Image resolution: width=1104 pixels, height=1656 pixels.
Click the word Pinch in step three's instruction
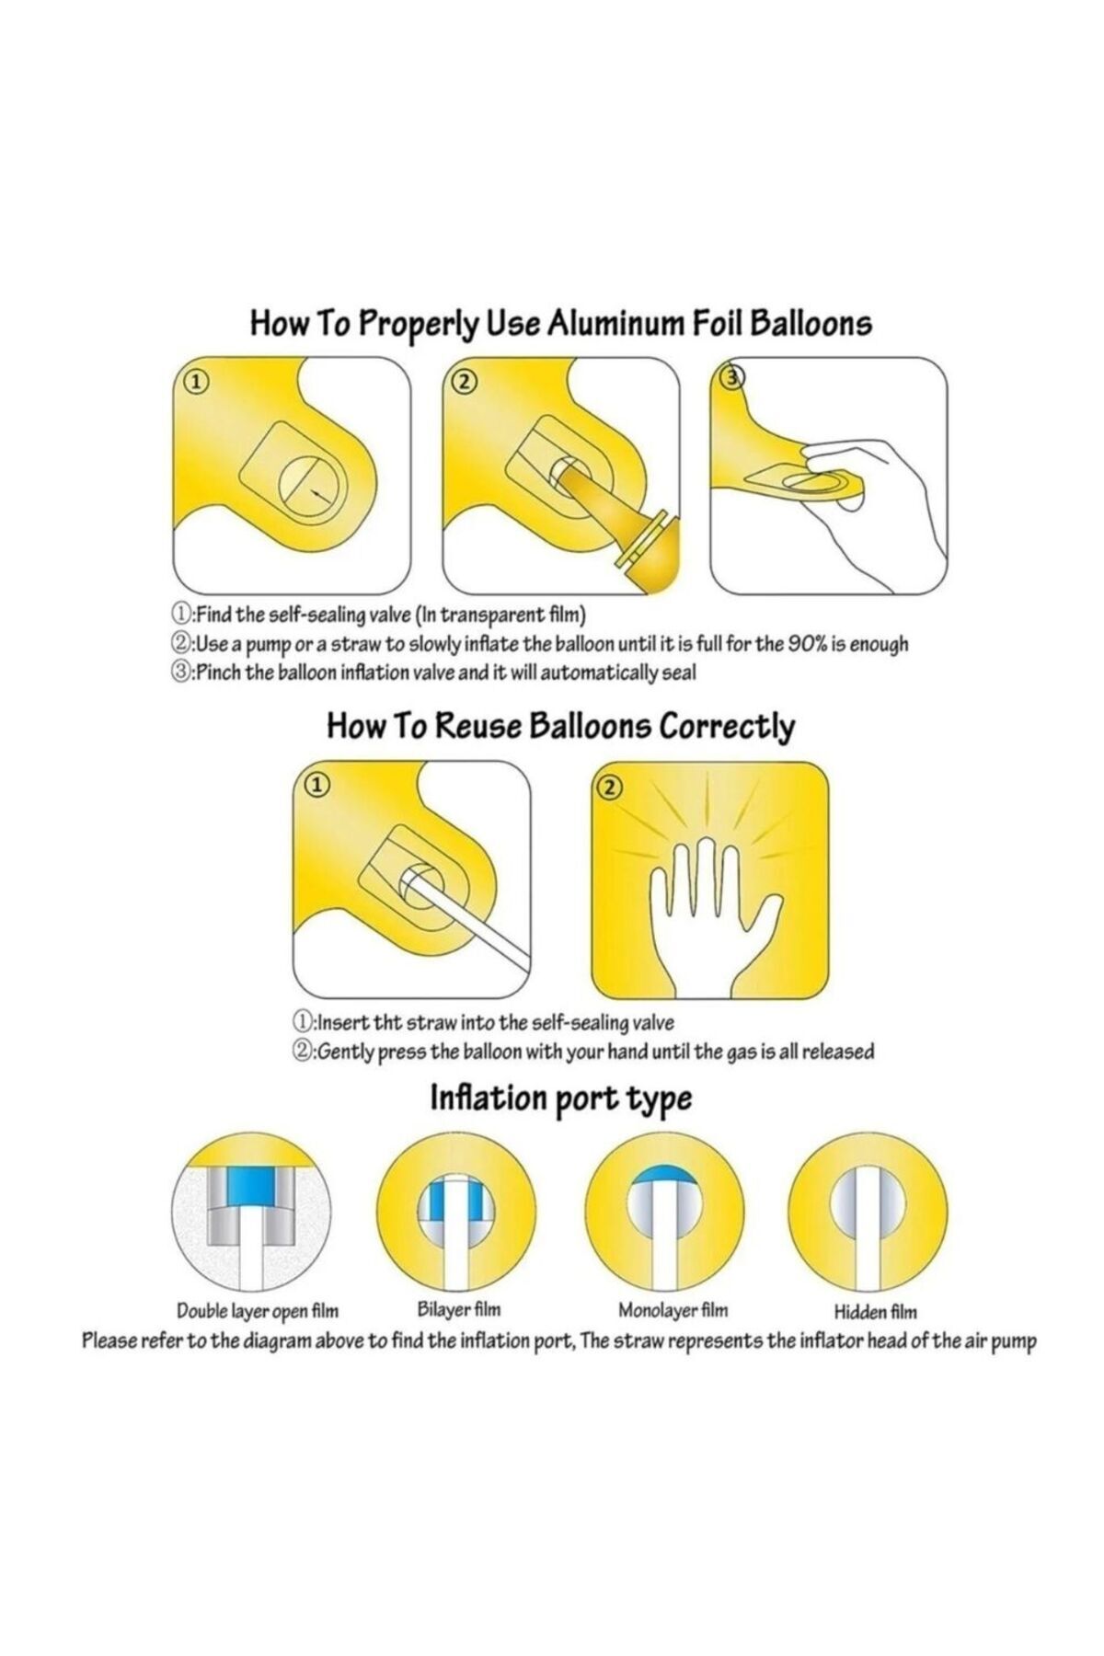click(219, 673)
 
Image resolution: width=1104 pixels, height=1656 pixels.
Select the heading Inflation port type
click(561, 1098)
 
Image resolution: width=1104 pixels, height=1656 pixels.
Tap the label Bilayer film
click(456, 1309)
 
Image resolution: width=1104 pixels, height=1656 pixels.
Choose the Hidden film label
click(875, 1312)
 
